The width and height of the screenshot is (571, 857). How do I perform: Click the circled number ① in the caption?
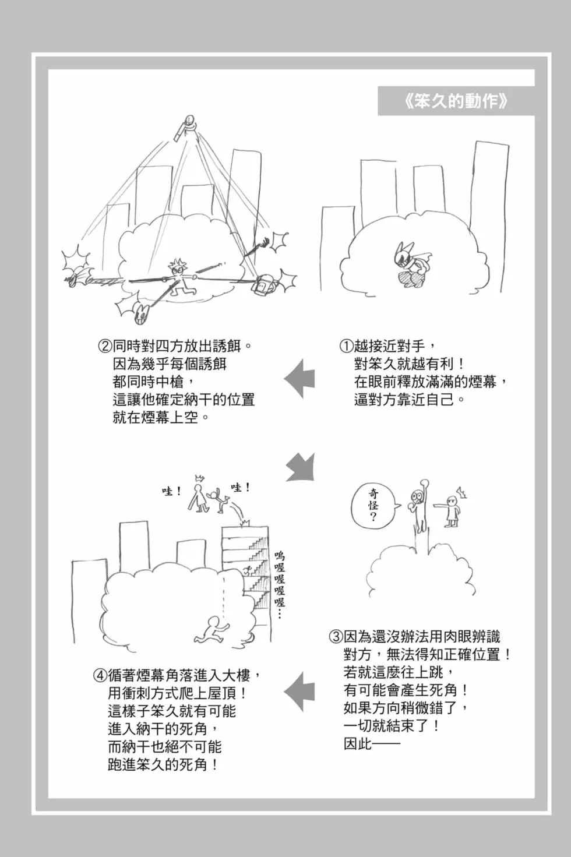(x=346, y=347)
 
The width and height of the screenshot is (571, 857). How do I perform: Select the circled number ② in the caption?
(x=105, y=347)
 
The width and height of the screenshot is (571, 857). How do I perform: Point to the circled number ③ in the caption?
(x=336, y=637)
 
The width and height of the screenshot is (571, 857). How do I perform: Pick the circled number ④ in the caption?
(x=100, y=675)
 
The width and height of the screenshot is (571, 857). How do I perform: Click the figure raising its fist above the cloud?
(x=418, y=501)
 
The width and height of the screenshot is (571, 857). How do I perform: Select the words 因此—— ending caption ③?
(x=372, y=745)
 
